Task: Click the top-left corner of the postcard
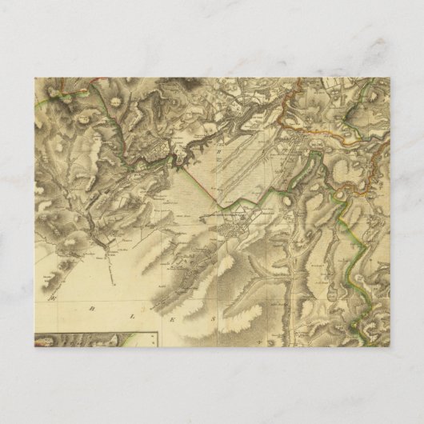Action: pos(35,77)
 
